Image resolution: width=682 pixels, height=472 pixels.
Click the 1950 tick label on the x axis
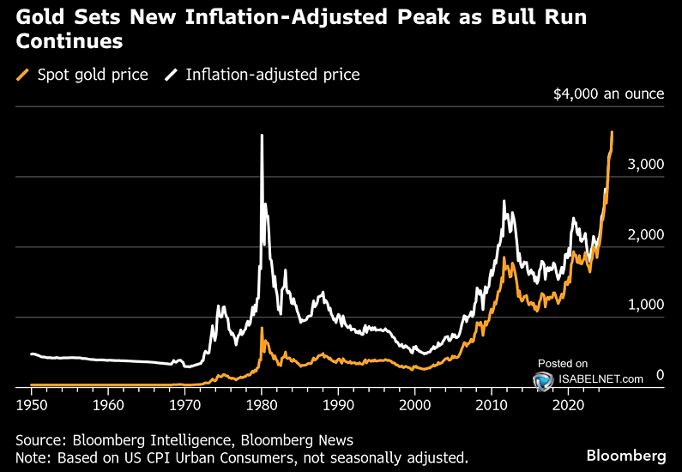[31, 403]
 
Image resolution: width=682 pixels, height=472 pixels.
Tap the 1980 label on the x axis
[261, 403]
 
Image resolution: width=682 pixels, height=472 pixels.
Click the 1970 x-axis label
[184, 403]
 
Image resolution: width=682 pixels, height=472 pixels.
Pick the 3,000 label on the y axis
[647, 165]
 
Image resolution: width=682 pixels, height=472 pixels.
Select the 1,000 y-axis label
[647, 305]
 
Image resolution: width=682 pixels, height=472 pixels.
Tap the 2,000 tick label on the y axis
[647, 235]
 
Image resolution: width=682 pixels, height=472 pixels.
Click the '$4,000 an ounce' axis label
[609, 93]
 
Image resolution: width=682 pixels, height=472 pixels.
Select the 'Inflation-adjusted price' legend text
[273, 75]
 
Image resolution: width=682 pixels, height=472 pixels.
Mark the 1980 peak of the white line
[262, 136]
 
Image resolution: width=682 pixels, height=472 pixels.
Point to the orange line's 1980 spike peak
[262, 329]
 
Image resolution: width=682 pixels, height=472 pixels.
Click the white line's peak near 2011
[504, 202]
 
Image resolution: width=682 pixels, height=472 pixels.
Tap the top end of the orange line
[612, 132]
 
